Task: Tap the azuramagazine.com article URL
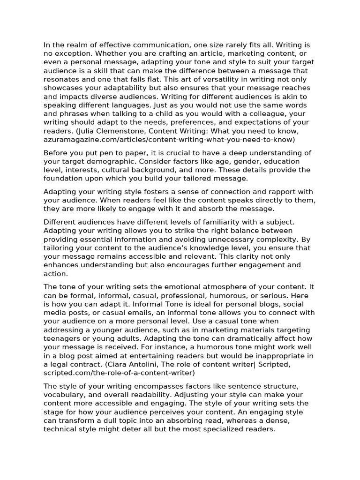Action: tap(169, 139)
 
